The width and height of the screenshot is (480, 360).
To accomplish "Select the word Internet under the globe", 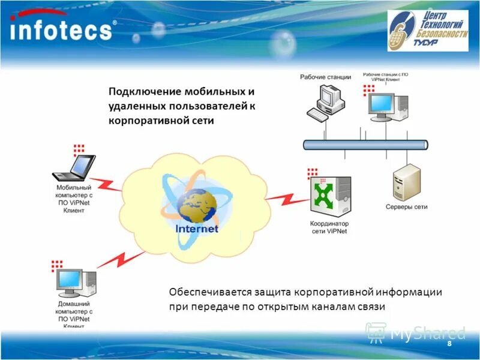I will [196, 229].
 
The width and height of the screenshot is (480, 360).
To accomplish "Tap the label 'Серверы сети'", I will [406, 207].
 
